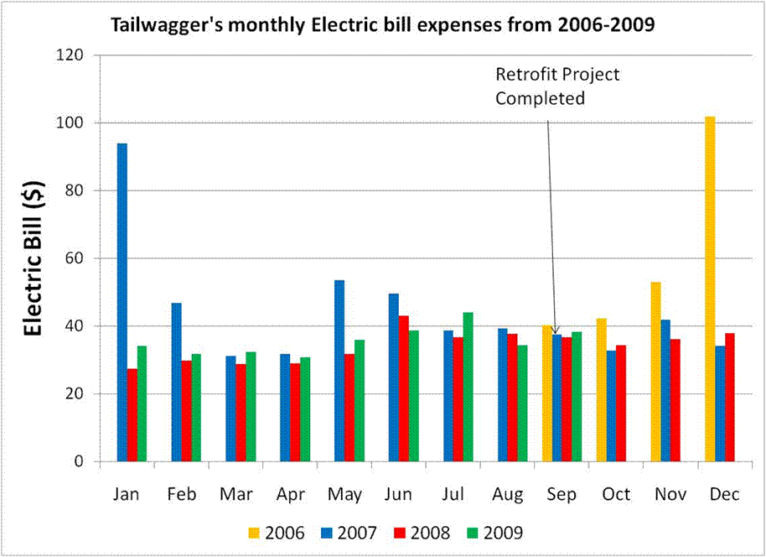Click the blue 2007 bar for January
pyautogui.click(x=122, y=302)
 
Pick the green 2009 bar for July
pyautogui.click(x=468, y=387)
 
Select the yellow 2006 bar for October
pyautogui.click(x=602, y=390)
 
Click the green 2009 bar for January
pyautogui.click(x=142, y=403)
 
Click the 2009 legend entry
pyautogui.click(x=498, y=533)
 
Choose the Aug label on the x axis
pyautogui.click(x=507, y=495)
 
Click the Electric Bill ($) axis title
pyautogui.click(x=33, y=258)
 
